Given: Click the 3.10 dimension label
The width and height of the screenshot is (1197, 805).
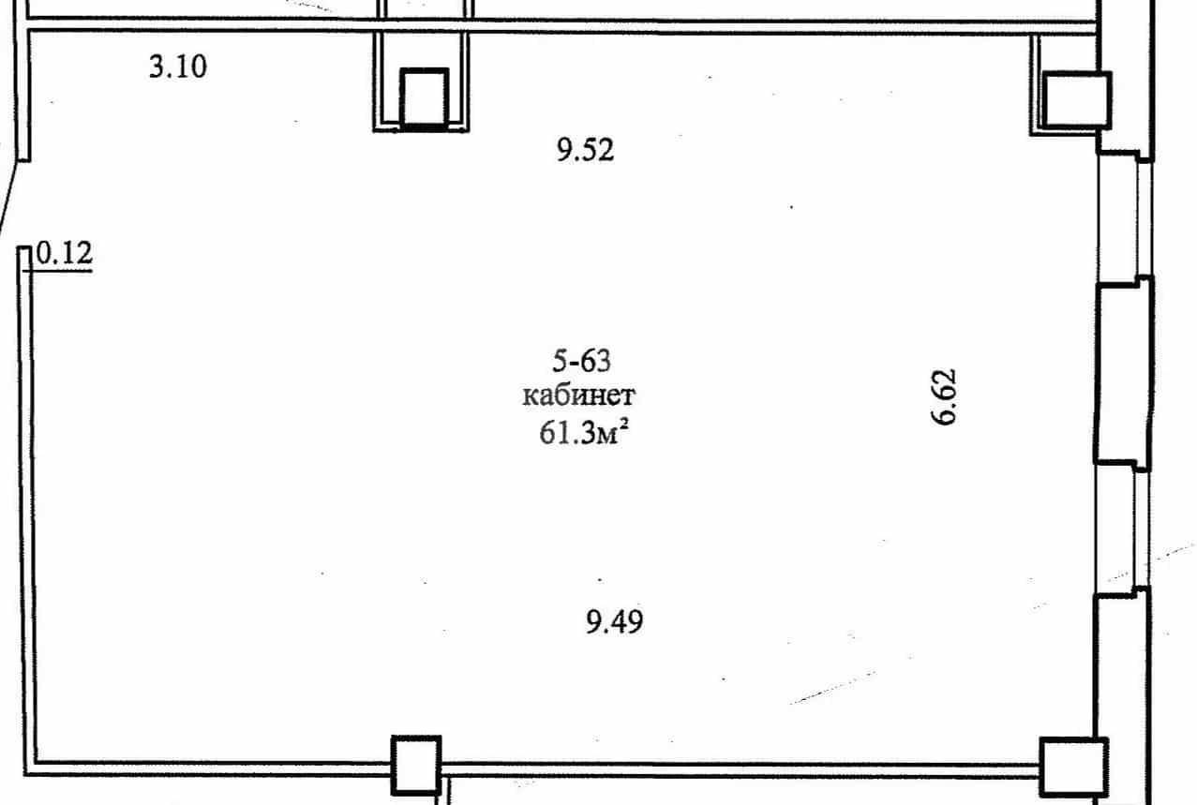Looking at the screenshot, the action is (178, 67).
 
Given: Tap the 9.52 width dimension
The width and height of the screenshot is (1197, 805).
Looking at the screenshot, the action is (585, 150).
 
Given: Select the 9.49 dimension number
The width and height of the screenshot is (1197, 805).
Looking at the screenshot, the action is (614, 621).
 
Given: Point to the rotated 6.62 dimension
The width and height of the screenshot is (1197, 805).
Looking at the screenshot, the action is (943, 397).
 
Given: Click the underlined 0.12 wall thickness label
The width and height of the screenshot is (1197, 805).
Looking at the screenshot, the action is (65, 253).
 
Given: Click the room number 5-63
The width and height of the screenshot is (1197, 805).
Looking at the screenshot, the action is (581, 361).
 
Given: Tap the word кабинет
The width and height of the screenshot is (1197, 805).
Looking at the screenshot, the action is (578, 396).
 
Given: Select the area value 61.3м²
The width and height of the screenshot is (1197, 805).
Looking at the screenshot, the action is (583, 432).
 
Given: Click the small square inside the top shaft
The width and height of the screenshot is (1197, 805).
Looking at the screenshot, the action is (425, 98).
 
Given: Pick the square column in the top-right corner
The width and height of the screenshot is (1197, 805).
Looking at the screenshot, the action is (1077, 100).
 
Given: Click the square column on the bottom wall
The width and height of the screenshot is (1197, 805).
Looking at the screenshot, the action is (416, 765).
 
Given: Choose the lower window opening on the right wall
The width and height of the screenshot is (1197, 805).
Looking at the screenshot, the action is (1121, 529).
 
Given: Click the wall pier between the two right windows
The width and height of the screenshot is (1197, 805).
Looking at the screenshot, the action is (1123, 374).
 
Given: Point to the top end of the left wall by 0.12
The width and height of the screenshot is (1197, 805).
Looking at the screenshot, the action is (24, 247).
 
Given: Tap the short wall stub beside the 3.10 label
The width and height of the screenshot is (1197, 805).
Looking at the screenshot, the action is (23, 95).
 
